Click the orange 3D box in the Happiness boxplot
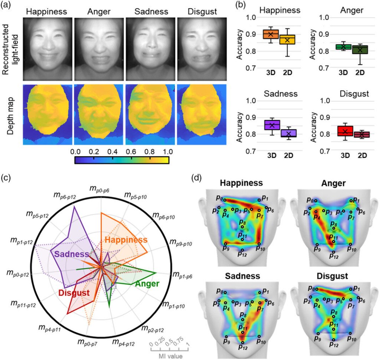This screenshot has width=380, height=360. point(271,34)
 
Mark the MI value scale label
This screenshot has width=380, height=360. point(169,357)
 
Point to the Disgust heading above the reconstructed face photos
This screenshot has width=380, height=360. point(200,11)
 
